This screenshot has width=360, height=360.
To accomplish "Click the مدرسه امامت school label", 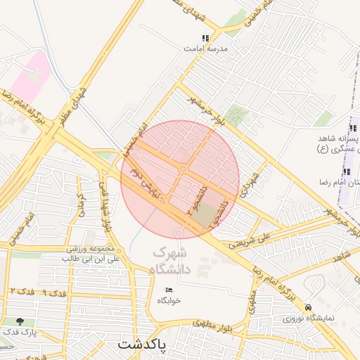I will click(205, 49).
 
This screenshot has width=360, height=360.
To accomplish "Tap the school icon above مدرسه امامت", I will click(205, 39).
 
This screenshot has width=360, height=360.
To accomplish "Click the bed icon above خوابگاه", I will click(169, 290).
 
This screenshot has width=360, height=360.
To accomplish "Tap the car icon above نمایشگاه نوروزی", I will click(309, 308).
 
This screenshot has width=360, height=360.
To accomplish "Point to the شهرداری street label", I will click(252, 181).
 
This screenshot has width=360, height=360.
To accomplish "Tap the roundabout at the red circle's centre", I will click(184, 169).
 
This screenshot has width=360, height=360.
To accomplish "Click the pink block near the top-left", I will click(31, 78).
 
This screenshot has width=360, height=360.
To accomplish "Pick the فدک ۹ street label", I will click(53, 290).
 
